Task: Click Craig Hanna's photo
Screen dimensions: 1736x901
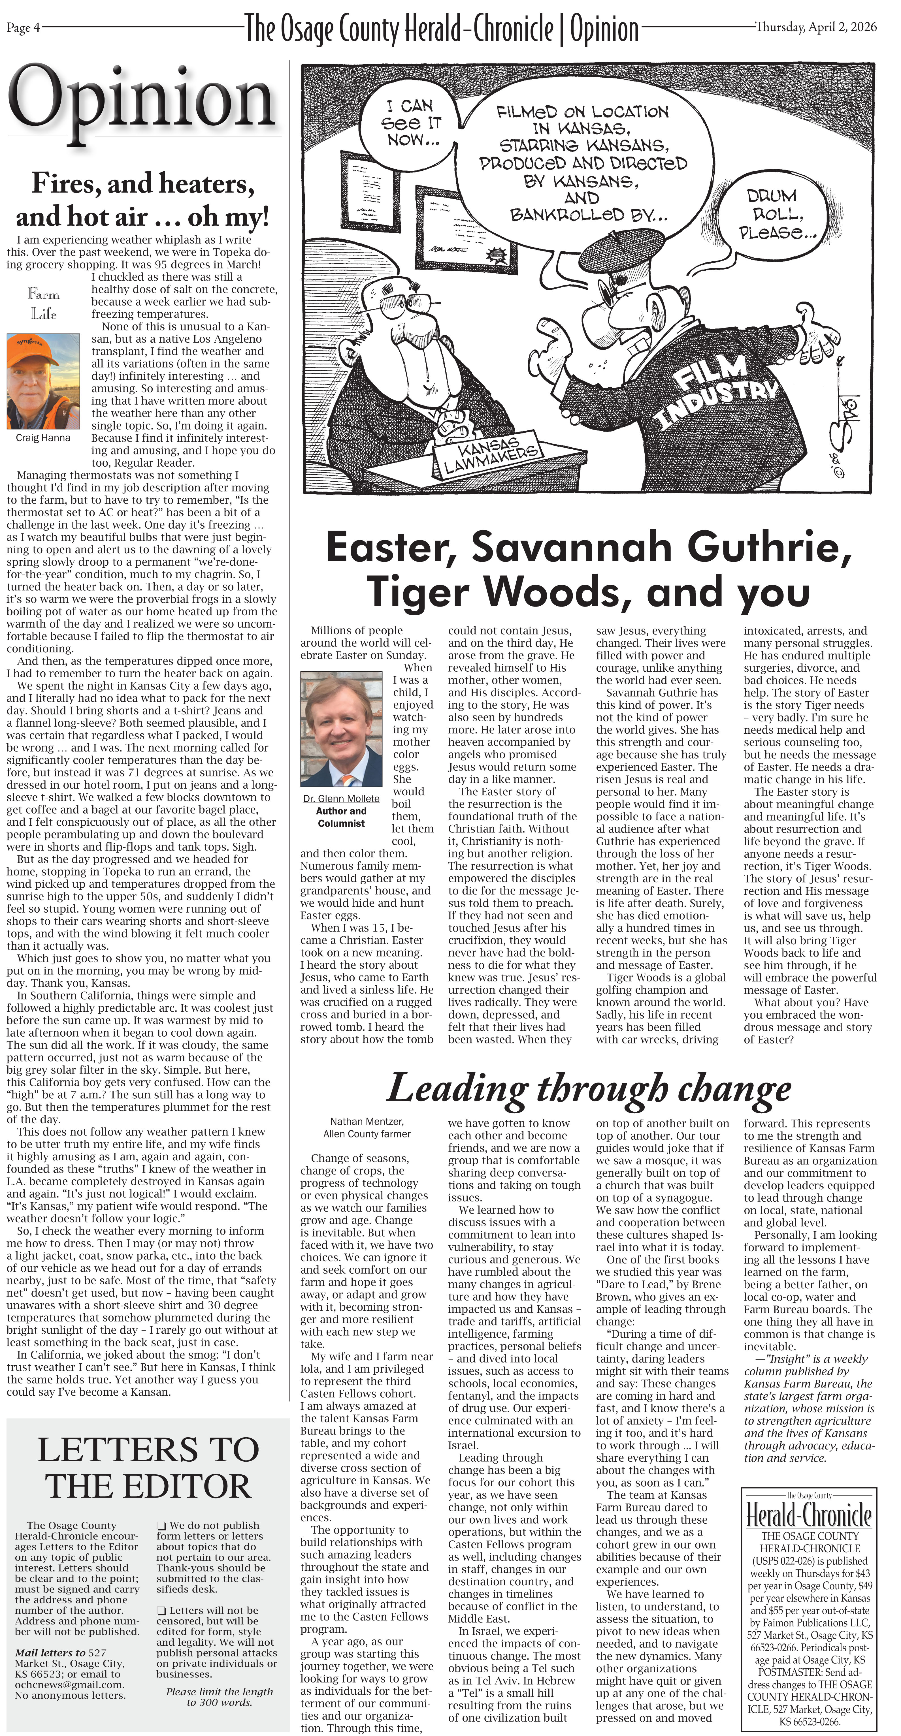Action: click(x=43, y=381)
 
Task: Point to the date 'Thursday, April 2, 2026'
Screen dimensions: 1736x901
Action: click(x=816, y=27)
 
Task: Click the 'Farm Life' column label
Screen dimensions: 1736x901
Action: click(x=43, y=303)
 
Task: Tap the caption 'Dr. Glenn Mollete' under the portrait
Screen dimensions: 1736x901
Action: click(x=341, y=798)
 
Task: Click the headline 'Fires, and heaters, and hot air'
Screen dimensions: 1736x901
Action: click(x=143, y=199)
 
